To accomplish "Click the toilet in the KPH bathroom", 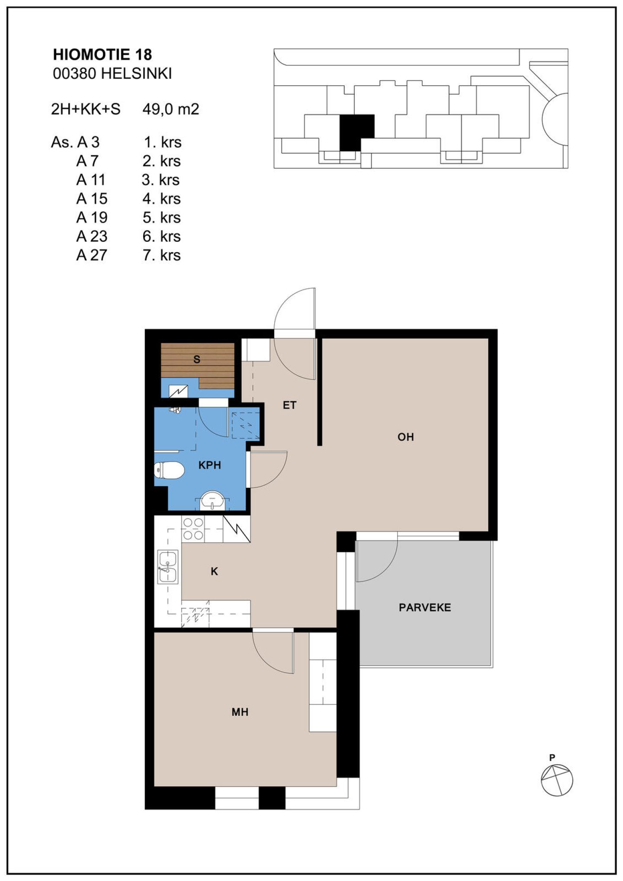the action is pyautogui.click(x=169, y=470).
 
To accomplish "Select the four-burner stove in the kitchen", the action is pyautogui.click(x=193, y=529).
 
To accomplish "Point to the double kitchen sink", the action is pyautogui.click(x=168, y=567).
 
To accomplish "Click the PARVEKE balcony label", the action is pyautogui.click(x=425, y=608).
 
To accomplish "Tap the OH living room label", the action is pyautogui.click(x=406, y=437).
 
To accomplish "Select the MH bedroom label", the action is pyautogui.click(x=240, y=712).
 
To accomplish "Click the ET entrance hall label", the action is pyautogui.click(x=289, y=405).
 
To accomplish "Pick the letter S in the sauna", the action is pyautogui.click(x=197, y=359).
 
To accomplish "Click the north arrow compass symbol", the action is pyautogui.click(x=557, y=779).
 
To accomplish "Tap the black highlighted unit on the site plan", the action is pyautogui.click(x=356, y=131).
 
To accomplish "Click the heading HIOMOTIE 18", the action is pyautogui.click(x=103, y=54).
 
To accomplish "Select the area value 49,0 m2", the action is pyautogui.click(x=171, y=109).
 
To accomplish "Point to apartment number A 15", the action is pyautogui.click(x=92, y=199).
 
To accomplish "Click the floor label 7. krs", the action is pyautogui.click(x=162, y=255).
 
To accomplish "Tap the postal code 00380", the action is pyautogui.click(x=74, y=74).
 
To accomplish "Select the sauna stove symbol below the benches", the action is pyautogui.click(x=178, y=391).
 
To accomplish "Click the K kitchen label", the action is pyautogui.click(x=214, y=572).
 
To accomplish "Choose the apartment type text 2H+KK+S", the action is pyautogui.click(x=86, y=109).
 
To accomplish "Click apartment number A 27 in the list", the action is pyautogui.click(x=92, y=255).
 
